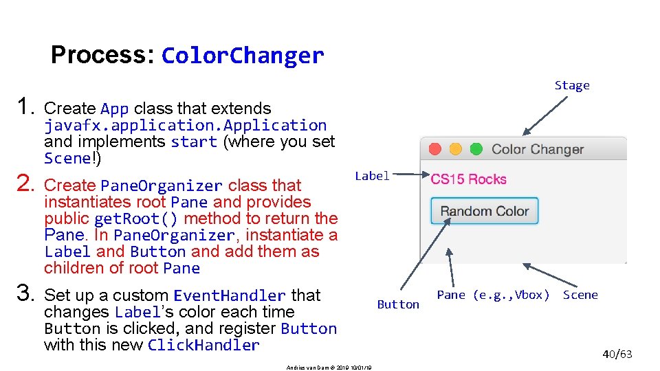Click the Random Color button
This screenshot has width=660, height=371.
[484, 211]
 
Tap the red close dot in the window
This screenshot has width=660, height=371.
[434, 149]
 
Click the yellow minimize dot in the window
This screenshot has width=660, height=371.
[455, 149]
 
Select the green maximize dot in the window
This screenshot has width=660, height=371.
[475, 149]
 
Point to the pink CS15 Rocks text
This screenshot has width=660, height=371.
[468, 179]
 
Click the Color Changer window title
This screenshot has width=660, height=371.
[538, 149]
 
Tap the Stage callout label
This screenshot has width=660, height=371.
[572, 86]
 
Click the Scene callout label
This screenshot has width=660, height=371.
[580, 295]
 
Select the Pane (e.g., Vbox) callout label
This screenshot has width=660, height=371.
[493, 295]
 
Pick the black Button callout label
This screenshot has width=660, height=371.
[398, 304]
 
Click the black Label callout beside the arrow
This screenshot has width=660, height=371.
[372, 176]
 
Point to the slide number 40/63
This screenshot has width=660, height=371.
[617, 355]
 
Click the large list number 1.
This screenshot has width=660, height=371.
[25, 107]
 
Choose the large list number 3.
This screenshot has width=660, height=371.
[25, 295]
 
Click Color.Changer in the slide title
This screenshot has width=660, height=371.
[242, 56]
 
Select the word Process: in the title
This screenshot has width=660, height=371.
[103, 55]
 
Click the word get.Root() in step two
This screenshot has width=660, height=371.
[136, 218]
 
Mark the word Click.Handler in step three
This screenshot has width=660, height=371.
[203, 345]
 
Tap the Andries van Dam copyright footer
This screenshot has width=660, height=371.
[329, 368]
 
